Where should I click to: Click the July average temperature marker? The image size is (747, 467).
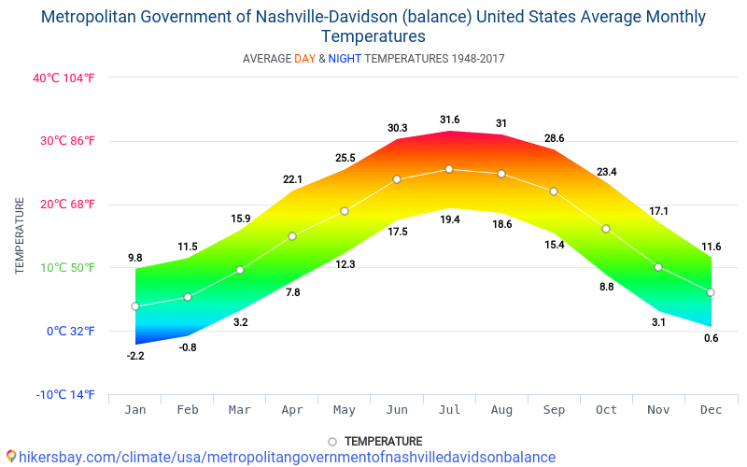449,169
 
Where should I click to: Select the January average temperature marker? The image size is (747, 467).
135,306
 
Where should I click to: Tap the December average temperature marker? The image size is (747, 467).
711,292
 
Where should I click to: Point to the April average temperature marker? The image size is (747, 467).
292,236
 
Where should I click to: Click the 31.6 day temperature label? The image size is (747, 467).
449,120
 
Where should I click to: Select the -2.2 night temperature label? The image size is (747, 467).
135,356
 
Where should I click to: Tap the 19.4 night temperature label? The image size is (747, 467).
449,219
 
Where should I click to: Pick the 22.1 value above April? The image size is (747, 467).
292,179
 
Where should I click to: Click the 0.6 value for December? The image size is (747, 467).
711,338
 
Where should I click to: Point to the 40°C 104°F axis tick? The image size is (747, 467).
63,78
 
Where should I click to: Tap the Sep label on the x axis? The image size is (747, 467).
554,410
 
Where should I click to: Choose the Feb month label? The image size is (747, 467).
188,410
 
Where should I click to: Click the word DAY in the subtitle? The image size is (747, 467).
304,59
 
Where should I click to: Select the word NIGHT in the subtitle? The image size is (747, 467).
345,59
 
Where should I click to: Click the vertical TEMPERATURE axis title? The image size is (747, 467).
20,235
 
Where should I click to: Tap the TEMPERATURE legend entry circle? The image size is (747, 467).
332,442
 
